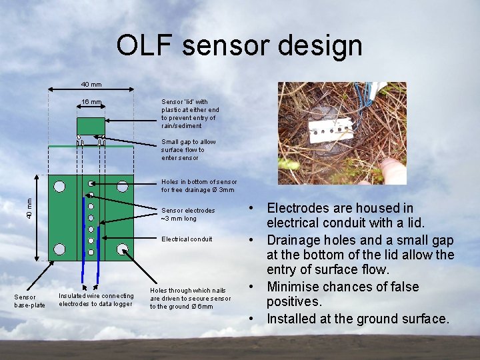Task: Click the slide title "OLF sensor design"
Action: (x=239, y=46)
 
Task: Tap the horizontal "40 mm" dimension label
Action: (x=91, y=85)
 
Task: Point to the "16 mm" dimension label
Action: (x=91, y=103)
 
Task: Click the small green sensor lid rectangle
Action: (x=91, y=125)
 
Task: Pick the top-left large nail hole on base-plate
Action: (x=60, y=185)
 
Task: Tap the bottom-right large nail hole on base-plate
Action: (x=123, y=249)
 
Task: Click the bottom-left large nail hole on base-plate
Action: (x=60, y=249)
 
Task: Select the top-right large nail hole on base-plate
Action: (x=123, y=185)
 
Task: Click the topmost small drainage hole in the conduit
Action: (x=91, y=183)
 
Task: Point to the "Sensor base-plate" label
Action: (x=30, y=301)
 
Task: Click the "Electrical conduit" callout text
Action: (x=187, y=239)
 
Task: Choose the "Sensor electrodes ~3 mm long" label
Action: (x=188, y=214)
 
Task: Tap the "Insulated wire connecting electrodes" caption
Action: (x=96, y=300)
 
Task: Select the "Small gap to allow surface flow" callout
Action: (x=188, y=149)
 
